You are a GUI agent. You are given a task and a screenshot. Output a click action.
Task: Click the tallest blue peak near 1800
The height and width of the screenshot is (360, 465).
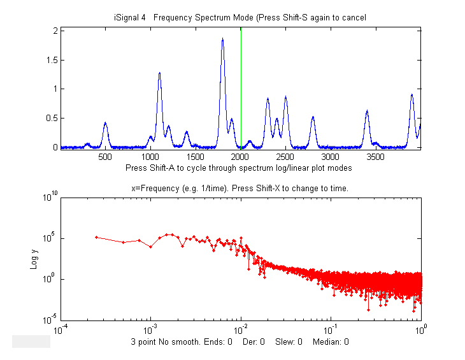[x=222, y=40]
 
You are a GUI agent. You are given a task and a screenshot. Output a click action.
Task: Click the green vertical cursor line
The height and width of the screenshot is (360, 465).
[x=241, y=89]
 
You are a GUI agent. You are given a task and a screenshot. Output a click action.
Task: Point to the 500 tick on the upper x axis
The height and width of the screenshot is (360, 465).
[x=105, y=155]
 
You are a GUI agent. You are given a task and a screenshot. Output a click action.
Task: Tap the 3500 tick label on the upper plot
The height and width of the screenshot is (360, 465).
[x=375, y=155]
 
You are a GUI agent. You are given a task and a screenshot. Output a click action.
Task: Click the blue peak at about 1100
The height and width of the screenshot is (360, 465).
[x=159, y=73]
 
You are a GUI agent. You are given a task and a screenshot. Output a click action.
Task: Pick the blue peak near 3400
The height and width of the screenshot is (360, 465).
[x=367, y=112]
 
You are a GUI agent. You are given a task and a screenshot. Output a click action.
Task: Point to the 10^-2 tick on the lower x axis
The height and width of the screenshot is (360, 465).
[x=241, y=329]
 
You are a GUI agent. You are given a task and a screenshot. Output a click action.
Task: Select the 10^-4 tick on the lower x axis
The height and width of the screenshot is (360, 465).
[x=61, y=329]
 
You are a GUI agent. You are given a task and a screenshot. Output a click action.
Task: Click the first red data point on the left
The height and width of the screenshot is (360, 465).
[x=96, y=237]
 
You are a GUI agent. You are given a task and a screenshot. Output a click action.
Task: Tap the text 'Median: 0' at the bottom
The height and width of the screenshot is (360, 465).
[x=331, y=342]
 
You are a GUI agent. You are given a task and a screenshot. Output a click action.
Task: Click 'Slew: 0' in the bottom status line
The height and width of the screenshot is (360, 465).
[x=289, y=342]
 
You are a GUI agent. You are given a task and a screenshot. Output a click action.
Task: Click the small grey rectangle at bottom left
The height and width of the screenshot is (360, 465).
[x=31, y=342]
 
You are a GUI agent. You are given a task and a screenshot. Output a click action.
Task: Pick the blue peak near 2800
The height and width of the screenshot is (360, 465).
[x=313, y=117]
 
